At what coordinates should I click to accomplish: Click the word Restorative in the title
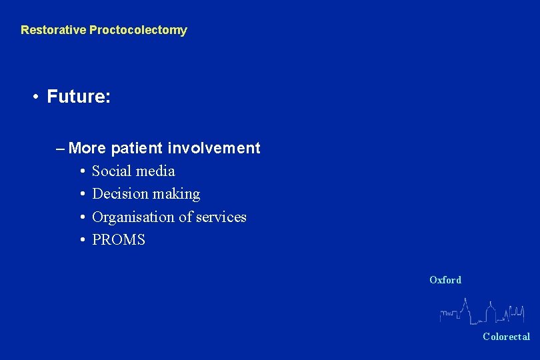53,30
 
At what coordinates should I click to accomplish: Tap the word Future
79,97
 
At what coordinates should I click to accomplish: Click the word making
176,195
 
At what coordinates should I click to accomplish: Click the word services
221,217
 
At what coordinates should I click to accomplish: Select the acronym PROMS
119,240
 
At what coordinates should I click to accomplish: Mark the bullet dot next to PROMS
81,240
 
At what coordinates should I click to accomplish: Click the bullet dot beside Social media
81,171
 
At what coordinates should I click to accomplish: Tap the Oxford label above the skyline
445,280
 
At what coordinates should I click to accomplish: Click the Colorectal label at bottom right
506,337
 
